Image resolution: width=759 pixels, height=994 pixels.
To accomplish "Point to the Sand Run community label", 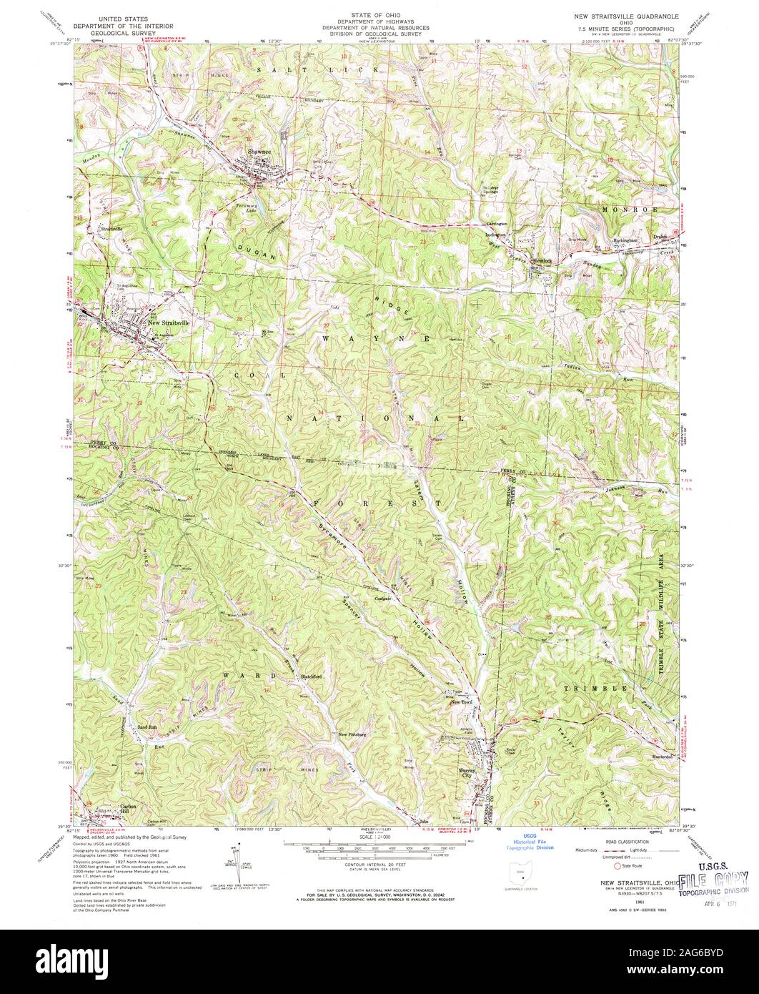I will point(147,725).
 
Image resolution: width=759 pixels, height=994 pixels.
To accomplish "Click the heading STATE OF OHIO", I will point(375,14).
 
